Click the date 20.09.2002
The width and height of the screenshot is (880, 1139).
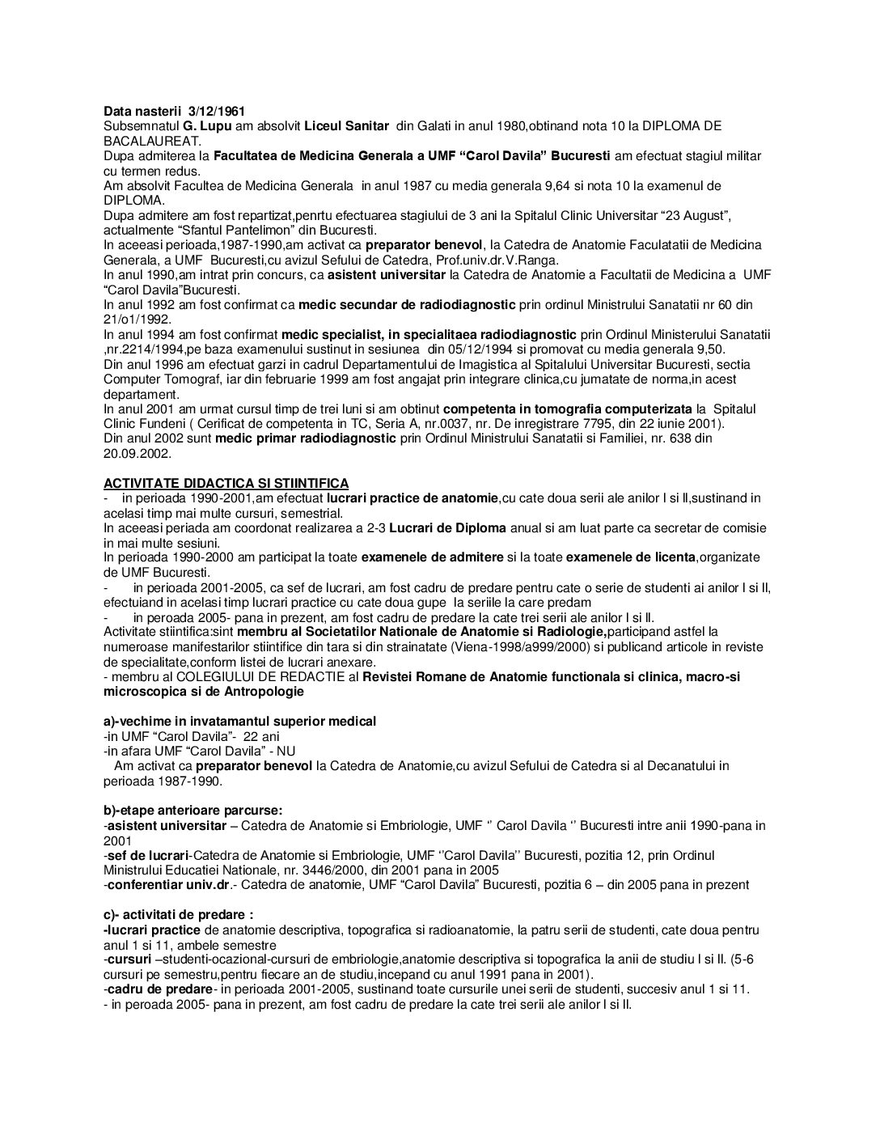pos(137,455)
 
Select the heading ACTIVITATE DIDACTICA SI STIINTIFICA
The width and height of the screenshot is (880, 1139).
pos(226,484)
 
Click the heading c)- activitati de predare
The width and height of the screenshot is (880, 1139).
pos(178,915)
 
